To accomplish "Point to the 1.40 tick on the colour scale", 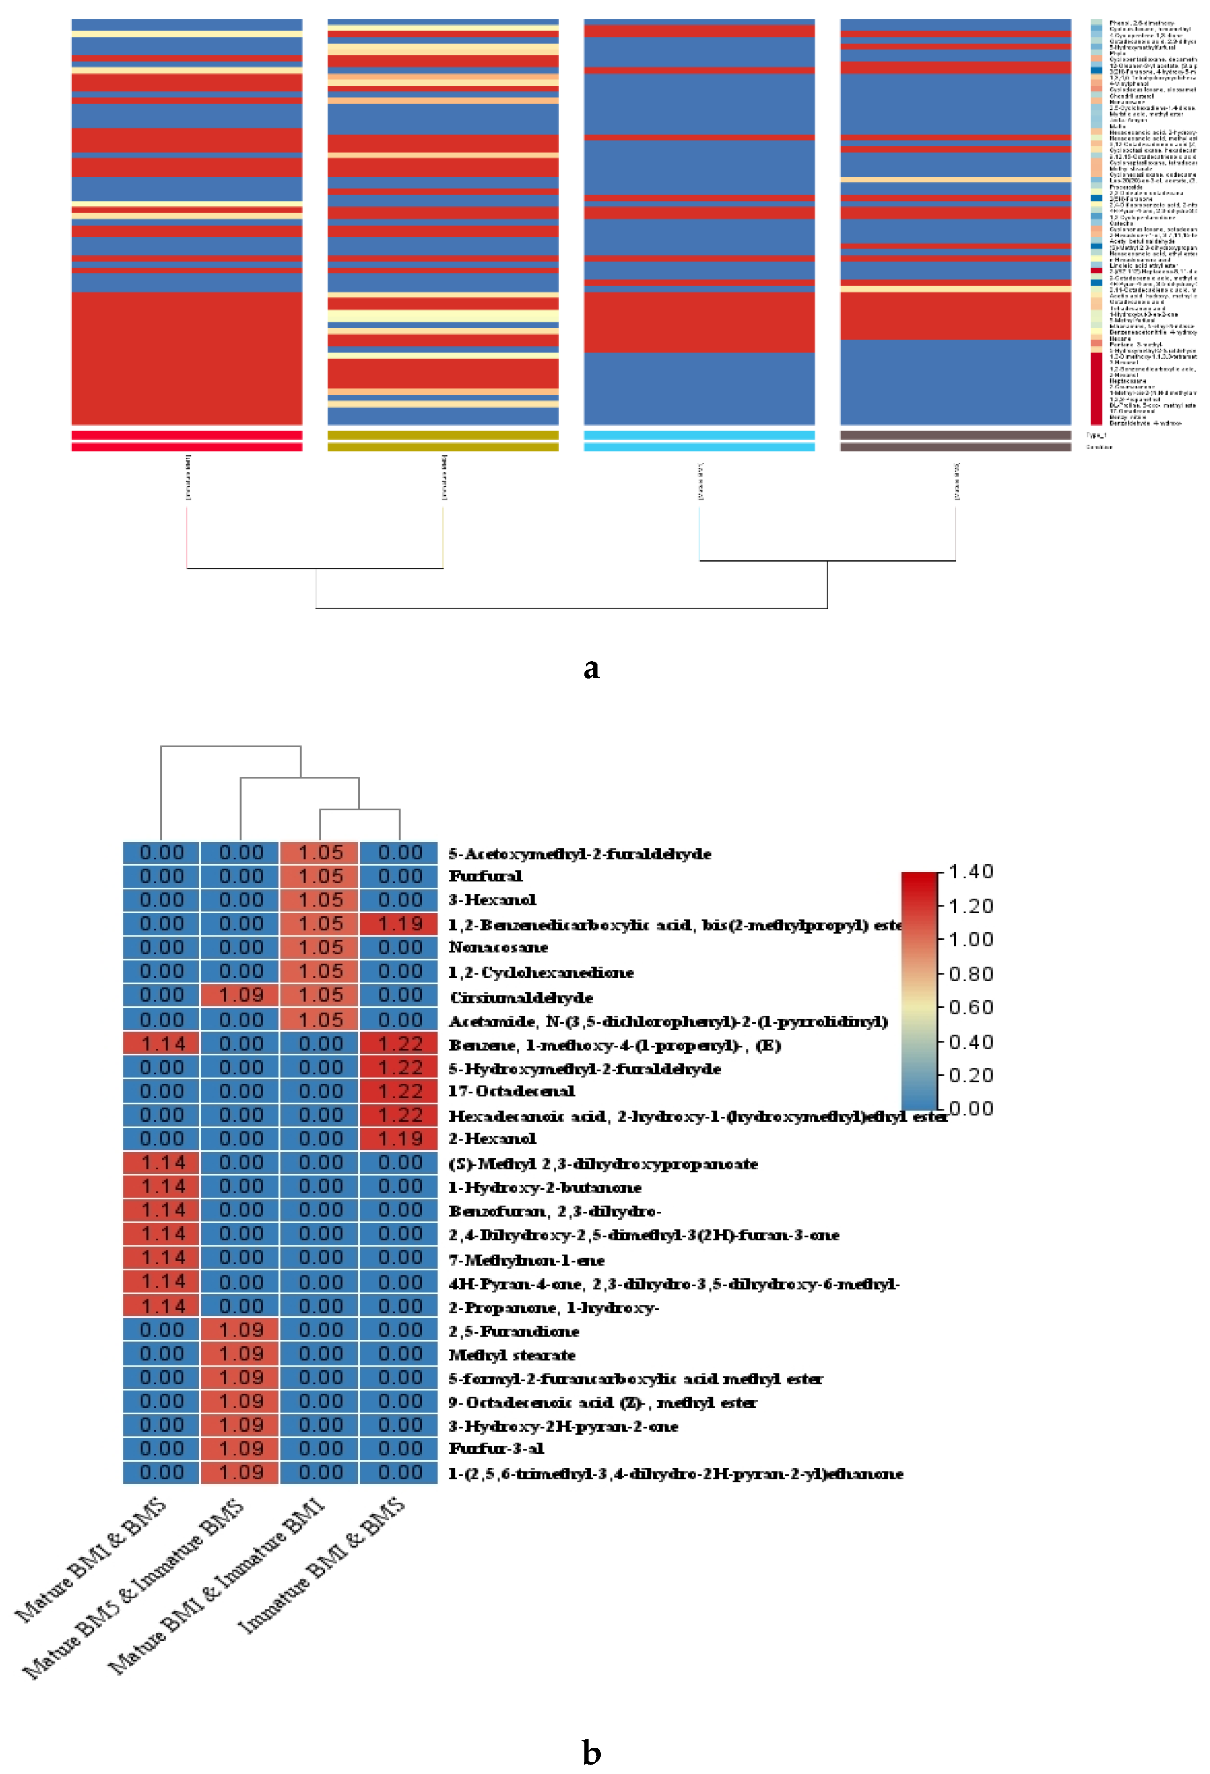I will [969, 872].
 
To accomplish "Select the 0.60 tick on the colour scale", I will [969, 1008].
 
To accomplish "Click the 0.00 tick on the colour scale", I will [969, 1109].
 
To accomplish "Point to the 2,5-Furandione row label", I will [514, 1331].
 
